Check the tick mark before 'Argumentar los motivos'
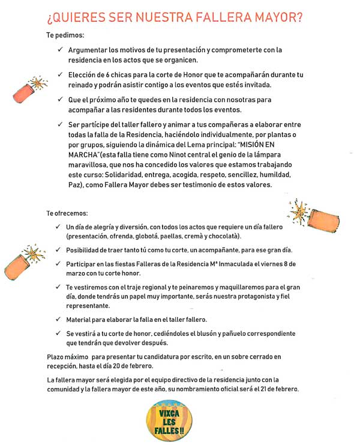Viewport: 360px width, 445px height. [58, 50]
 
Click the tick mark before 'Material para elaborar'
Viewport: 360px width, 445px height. [58, 319]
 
